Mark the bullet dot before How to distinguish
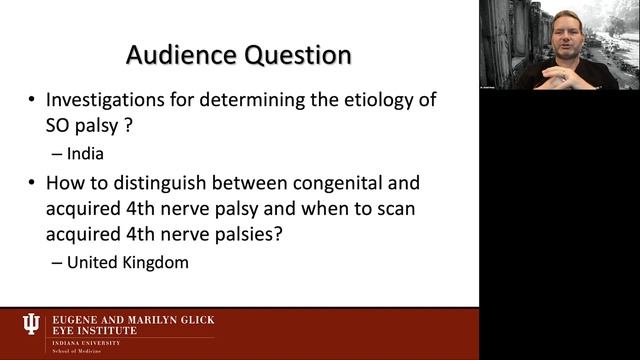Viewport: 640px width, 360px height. pos(34,184)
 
